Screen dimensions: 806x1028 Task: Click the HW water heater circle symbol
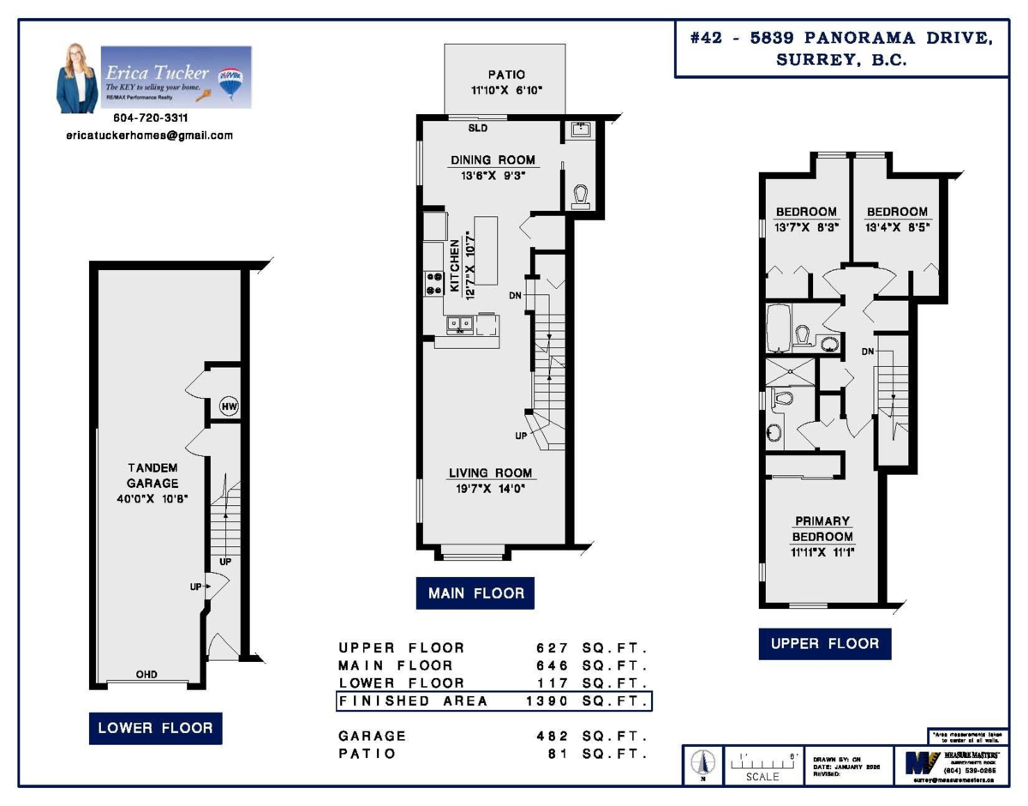229,406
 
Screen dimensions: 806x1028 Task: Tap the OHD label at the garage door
146,675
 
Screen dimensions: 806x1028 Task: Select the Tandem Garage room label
152,475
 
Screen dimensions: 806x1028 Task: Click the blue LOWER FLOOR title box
155,728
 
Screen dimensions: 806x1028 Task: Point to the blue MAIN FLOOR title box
475,593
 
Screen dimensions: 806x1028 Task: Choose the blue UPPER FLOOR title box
824,643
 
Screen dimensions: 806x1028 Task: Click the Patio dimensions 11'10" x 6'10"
505,90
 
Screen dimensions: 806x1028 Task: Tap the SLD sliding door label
477,129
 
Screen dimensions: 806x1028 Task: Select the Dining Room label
493,159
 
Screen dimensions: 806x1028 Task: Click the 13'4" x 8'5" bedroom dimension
897,227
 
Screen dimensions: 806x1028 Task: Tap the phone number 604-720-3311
151,117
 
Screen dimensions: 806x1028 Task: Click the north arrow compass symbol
704,762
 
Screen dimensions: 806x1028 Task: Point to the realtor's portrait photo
77,79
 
